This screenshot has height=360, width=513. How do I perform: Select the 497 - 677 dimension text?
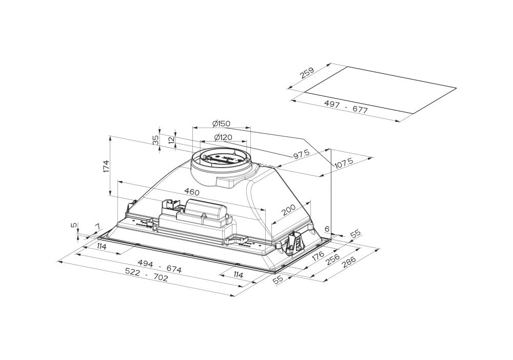click(x=346, y=107)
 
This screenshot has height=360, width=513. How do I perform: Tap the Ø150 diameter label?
click(x=221, y=124)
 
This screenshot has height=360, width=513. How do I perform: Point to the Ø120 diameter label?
click(x=223, y=137)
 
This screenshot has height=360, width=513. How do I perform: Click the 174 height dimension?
click(x=106, y=166)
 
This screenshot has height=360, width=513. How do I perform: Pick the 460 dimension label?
click(x=191, y=191)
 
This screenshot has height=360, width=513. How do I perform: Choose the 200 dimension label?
click(x=288, y=210)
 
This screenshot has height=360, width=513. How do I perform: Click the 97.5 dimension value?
click(x=301, y=154)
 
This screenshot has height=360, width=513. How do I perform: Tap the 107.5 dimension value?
click(x=344, y=163)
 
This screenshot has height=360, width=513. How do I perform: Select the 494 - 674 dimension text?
click(x=160, y=266)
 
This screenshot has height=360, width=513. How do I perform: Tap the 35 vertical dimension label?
click(x=156, y=140)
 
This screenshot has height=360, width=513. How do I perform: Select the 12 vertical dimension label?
click(x=171, y=140)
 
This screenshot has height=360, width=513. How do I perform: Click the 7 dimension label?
click(x=96, y=226)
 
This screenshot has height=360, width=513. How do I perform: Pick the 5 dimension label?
click(x=74, y=225)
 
